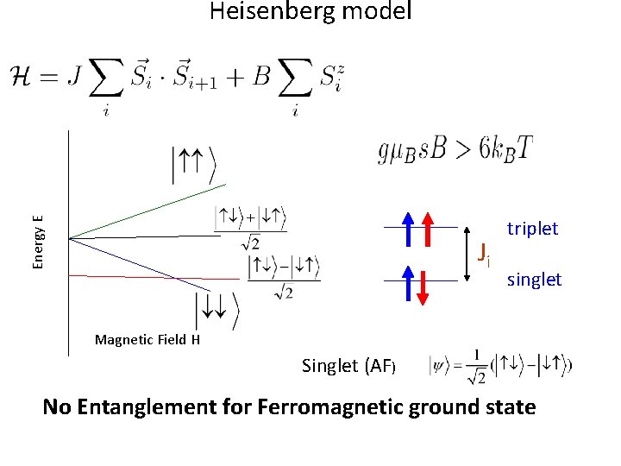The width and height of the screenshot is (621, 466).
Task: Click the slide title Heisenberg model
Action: [310, 11]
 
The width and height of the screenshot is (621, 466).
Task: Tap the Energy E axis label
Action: [39, 240]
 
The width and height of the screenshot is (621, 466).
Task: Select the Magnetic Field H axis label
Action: [147, 339]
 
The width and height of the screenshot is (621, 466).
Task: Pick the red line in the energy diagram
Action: [155, 276]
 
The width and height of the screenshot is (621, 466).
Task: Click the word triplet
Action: [532, 229]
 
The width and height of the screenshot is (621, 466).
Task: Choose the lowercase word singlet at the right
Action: [534, 280]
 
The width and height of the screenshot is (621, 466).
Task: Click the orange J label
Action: [483, 251]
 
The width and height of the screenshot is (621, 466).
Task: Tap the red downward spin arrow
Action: [422, 286]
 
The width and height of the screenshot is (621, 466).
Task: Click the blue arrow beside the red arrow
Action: [406, 282]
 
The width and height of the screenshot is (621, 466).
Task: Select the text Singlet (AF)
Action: [348, 366]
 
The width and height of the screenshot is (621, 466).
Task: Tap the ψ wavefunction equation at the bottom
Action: [500, 366]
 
